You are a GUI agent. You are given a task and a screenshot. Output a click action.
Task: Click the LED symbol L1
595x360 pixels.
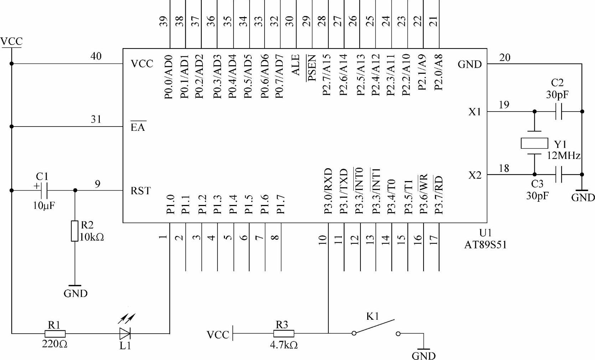pyautogui.click(x=125, y=333)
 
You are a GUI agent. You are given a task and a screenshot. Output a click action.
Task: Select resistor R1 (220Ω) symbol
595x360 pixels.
pyautogui.click(x=55, y=334)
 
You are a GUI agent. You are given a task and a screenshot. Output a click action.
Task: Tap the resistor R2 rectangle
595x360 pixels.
pyautogui.click(x=74, y=231)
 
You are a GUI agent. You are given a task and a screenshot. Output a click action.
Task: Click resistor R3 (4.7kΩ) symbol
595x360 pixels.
pyautogui.click(x=284, y=334)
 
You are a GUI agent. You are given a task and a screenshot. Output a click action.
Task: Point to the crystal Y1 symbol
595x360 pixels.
pyautogui.click(x=534, y=143)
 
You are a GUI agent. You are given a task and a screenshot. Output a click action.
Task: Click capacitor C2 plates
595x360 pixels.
pyautogui.click(x=559, y=112)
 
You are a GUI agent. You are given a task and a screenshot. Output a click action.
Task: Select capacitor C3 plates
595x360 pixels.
pyautogui.click(x=559, y=175)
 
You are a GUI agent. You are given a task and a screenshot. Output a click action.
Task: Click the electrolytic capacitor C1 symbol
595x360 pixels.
pyautogui.click(x=44, y=190)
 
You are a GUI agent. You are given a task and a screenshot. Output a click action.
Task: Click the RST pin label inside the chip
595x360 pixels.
pyautogui.click(x=140, y=191)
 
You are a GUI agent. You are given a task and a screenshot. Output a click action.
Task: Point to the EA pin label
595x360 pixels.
pyautogui.click(x=138, y=127)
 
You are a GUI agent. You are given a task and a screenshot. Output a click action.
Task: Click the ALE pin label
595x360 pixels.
pyautogui.click(x=296, y=65)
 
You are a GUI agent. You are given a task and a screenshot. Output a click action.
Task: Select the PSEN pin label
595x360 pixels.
pyautogui.click(x=312, y=68)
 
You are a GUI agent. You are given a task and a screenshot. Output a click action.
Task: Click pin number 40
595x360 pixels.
pyautogui.click(x=96, y=56)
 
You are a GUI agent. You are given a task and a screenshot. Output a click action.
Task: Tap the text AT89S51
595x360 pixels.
pyautogui.click(x=485, y=245)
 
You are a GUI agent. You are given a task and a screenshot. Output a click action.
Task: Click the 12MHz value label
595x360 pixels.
pyautogui.click(x=564, y=156)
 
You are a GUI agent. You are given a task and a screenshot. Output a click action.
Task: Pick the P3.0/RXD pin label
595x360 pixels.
pyautogui.click(x=328, y=191)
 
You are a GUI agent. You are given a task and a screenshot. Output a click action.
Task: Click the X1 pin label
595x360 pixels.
pyautogui.click(x=475, y=112)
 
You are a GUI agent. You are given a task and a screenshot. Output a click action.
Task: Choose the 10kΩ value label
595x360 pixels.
pyautogui.click(x=92, y=237)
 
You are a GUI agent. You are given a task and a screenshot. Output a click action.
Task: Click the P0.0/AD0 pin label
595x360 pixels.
pyautogui.click(x=169, y=76)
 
